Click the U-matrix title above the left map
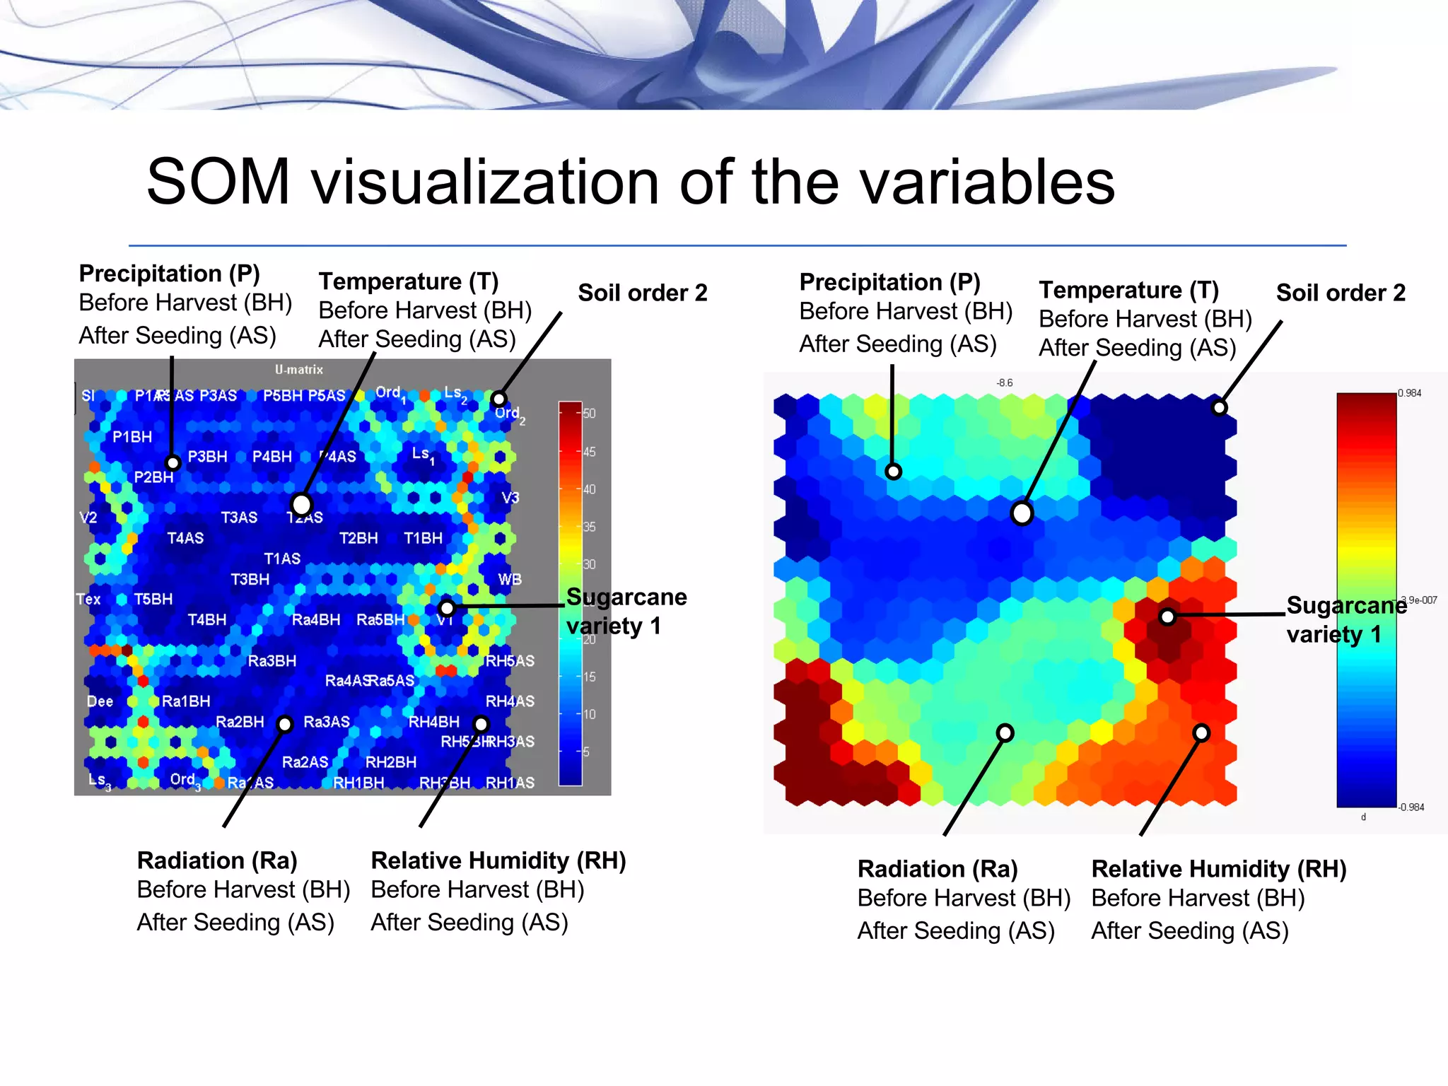pos(298,370)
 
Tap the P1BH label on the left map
pos(132,437)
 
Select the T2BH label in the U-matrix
pos(358,538)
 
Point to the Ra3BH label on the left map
pos(271,661)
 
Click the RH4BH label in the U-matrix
pos(433,722)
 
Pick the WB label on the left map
pos(509,580)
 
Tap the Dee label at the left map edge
pos(100,701)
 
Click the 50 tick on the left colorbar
pos(589,414)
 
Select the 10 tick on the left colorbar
pos(589,714)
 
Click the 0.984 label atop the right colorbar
pos(1409,393)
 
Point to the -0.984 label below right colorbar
pos(1411,807)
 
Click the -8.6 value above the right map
pos(1004,383)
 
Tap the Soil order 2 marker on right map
pos(1219,408)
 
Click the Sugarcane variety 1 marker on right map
pos(1167,617)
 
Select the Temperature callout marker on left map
pos(302,505)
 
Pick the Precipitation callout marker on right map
pos(893,472)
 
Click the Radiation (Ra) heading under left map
pos(217,860)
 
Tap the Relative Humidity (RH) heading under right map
pos(1218,869)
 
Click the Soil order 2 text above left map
pos(642,293)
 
